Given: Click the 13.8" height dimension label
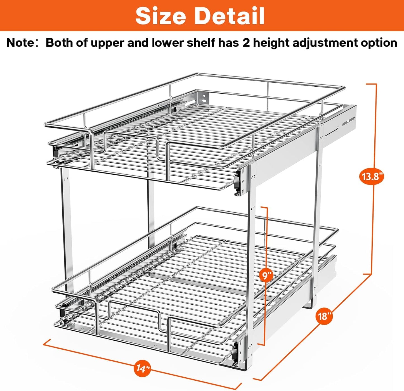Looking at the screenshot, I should point(371,177).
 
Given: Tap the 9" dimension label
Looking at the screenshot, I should point(266,276).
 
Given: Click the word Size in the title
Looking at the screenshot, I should point(160,16).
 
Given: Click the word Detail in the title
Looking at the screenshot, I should point(229,16).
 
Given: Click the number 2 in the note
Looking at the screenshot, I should point(246,43).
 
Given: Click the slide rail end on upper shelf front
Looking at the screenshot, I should point(238,183).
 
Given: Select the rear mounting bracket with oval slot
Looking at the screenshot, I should point(204,98).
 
